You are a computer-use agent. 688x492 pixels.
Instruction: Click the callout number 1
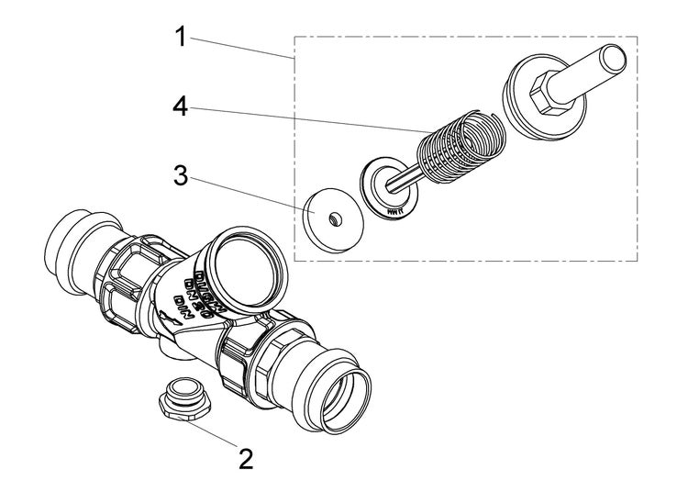tap(182, 38)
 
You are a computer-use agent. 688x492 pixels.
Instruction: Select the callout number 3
tap(182, 176)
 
